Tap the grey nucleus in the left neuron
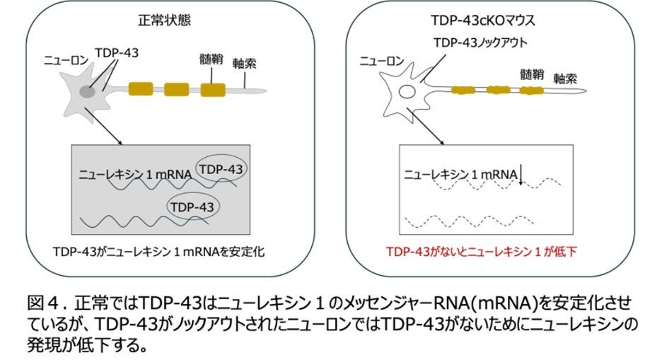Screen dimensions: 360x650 [88, 91]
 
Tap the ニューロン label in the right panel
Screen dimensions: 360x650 [383, 61]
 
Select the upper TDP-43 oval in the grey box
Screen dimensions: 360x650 [221, 170]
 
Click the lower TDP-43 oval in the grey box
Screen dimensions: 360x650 [192, 206]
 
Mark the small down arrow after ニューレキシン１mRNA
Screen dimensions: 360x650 [521, 174]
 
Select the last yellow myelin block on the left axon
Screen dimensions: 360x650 [212, 89]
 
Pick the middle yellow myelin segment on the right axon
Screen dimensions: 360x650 [497, 91]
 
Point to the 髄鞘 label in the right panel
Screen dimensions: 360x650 [532, 73]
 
